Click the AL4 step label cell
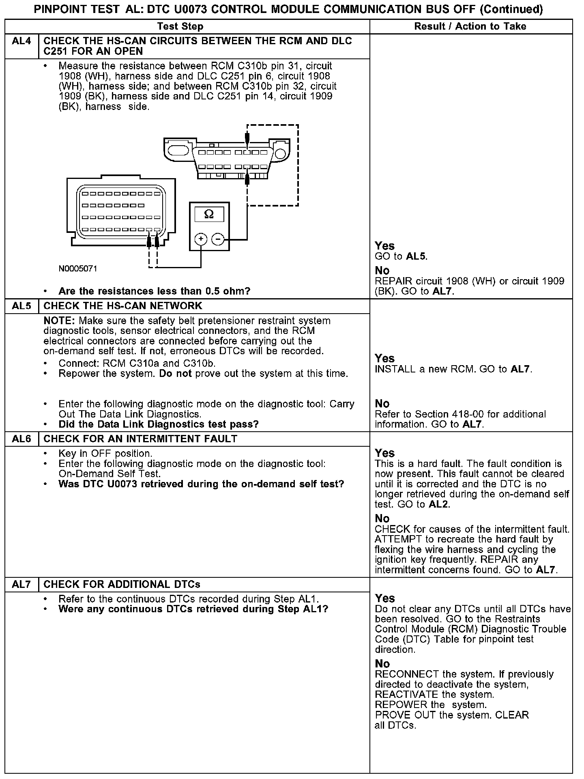point(21,41)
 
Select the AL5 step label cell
point(21,306)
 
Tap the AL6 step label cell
point(21,439)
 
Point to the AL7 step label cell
point(21,585)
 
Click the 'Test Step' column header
point(180,27)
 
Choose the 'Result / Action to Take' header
point(470,27)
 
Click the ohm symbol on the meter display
point(209,214)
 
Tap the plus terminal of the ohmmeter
point(201,239)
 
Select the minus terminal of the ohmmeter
point(218,239)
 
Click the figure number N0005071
point(78,269)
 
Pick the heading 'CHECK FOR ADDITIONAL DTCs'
point(122,585)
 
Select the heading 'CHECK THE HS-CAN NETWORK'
point(122,306)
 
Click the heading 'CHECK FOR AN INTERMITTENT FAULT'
point(140,439)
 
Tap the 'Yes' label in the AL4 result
point(384,246)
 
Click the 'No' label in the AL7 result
point(382,664)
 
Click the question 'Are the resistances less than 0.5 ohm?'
point(154,291)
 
